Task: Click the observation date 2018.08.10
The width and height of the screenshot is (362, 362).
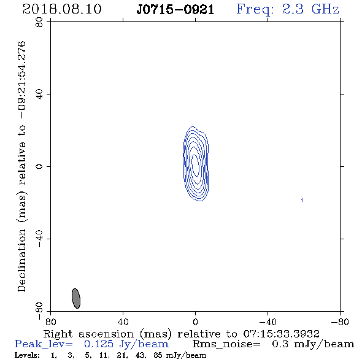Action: point(62,9)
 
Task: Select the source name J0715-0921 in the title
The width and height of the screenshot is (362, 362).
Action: point(175,10)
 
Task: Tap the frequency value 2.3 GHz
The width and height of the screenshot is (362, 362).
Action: point(310,9)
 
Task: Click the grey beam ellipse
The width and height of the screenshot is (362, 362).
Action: point(76,298)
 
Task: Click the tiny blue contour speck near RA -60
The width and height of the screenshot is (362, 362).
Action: point(302,200)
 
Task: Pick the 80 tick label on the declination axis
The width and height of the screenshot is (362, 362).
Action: point(39,22)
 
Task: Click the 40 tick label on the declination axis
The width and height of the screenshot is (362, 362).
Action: point(39,94)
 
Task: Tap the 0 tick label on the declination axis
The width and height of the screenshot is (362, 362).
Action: point(39,166)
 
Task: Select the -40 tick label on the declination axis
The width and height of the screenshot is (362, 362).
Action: point(39,239)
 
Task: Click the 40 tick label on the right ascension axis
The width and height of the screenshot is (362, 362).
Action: point(123,322)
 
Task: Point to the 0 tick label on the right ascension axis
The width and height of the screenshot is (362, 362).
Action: point(195,322)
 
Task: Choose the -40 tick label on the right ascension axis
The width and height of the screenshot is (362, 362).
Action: point(268,322)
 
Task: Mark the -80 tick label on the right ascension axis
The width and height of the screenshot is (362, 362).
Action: point(340,322)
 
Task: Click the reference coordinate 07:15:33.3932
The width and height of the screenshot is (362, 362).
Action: point(282,334)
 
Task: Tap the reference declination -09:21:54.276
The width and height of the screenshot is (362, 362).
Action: point(22,80)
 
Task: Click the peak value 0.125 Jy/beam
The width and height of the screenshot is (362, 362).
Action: point(126,344)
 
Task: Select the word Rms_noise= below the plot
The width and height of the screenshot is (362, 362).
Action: point(226,344)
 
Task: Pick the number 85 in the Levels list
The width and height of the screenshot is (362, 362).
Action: point(158,355)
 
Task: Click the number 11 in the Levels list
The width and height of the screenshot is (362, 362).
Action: point(103,355)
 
